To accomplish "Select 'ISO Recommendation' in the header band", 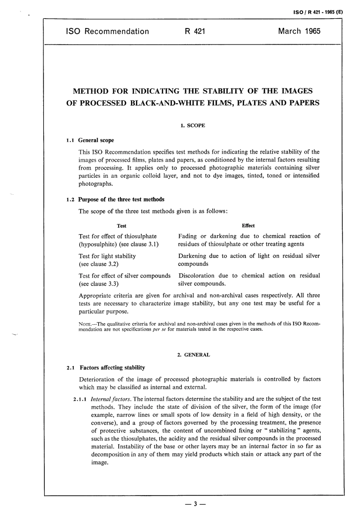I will (x=107, y=31).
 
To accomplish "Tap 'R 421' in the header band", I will (x=195, y=31).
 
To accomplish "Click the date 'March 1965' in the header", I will (x=299, y=31).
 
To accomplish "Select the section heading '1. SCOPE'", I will (x=193, y=125).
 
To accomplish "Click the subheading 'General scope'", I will (x=96, y=140).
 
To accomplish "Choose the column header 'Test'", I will (x=122, y=226).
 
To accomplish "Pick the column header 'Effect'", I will (x=248, y=226).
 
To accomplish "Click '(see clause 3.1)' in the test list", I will (x=139, y=244).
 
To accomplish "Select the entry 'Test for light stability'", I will (x=107, y=256).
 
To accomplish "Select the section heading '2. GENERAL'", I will (x=193, y=355).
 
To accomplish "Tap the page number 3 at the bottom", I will (x=194, y=504).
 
